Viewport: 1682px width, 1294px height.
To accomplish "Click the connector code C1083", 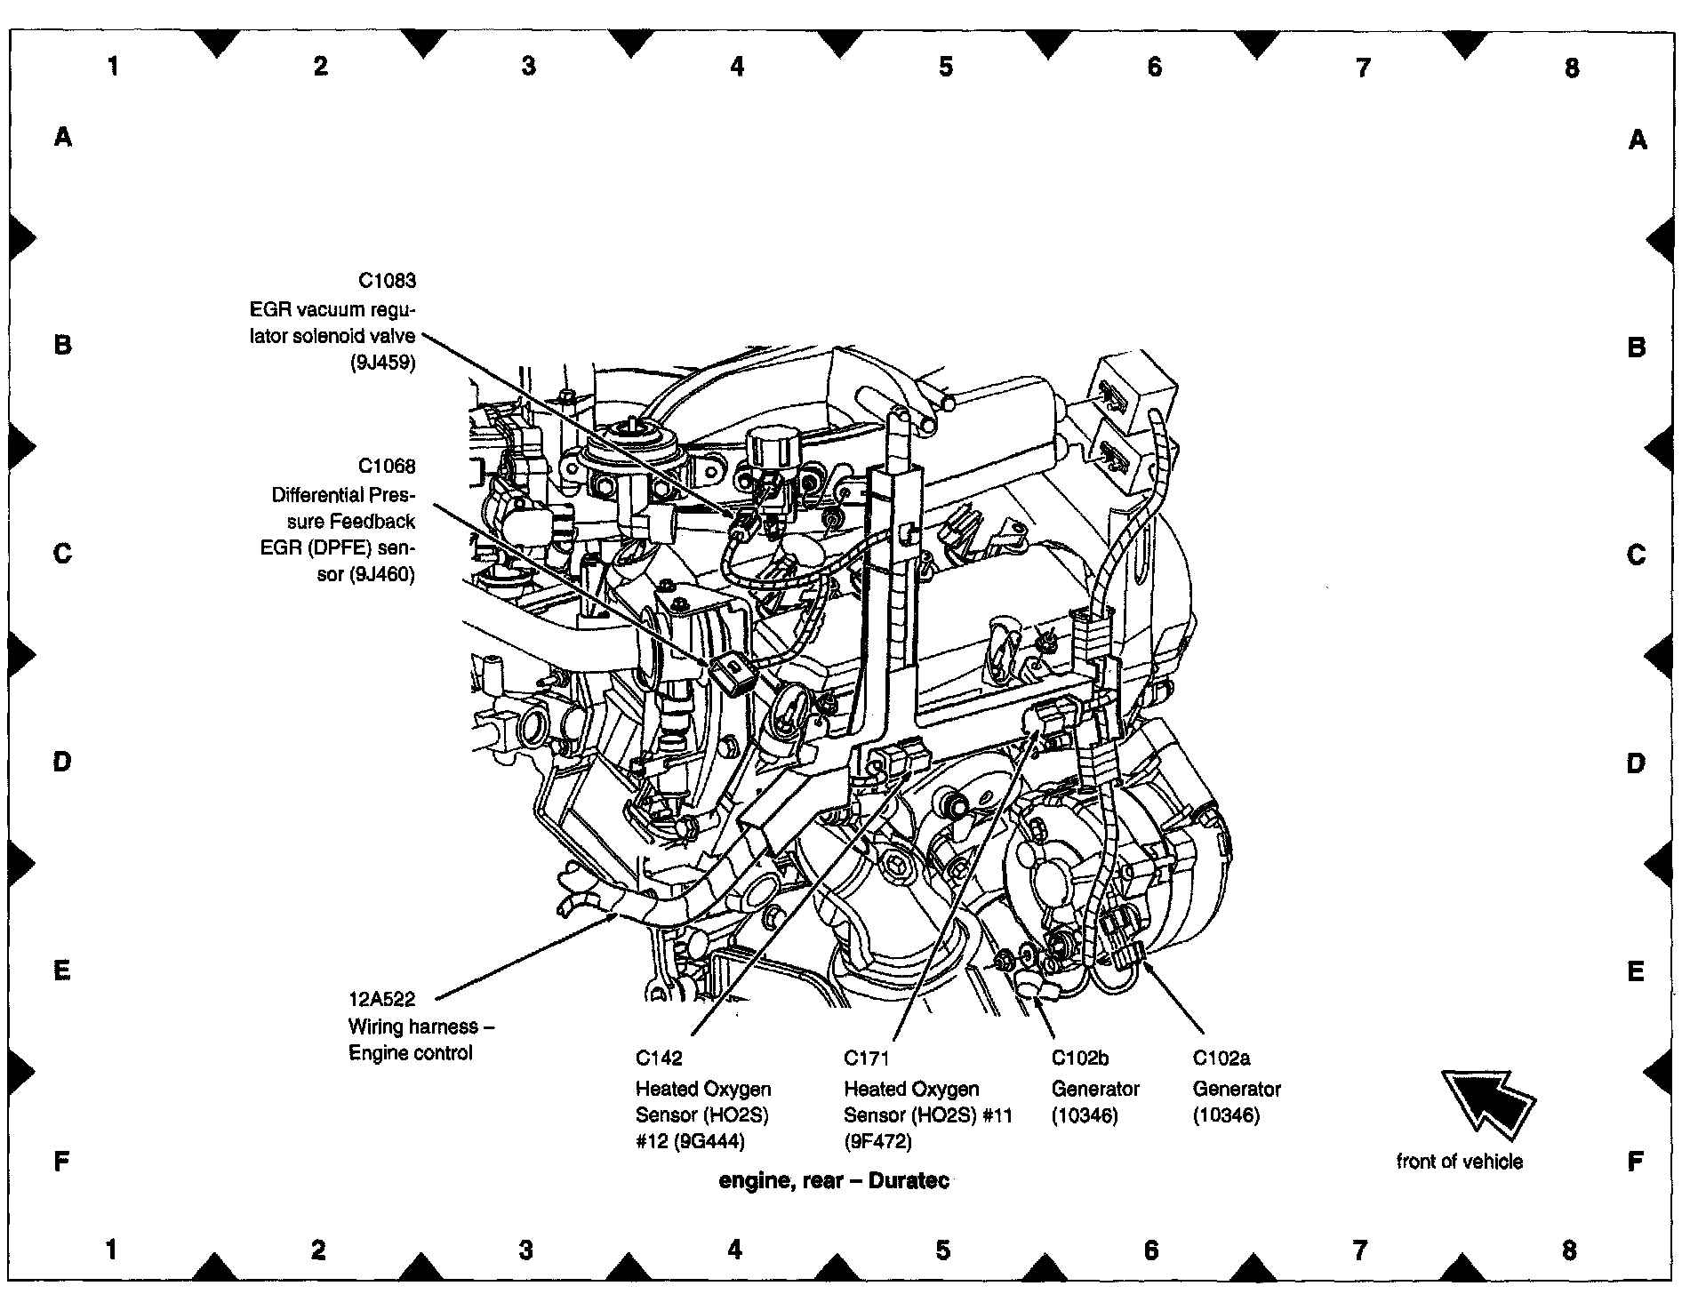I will (387, 281).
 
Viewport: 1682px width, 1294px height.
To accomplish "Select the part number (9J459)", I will (382, 363).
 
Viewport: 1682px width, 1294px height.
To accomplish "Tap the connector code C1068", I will (387, 466).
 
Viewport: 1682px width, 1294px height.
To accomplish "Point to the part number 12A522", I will (381, 1000).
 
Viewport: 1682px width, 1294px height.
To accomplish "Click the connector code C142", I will (659, 1058).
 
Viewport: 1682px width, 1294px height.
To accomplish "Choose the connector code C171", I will (866, 1058).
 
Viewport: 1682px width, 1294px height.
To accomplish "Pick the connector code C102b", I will (1080, 1058).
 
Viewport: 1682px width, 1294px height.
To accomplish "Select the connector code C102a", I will (1221, 1058).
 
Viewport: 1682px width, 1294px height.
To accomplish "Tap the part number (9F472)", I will (877, 1141).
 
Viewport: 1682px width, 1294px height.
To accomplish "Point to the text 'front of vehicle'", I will (1459, 1162).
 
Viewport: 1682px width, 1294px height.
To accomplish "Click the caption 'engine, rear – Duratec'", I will (834, 1181).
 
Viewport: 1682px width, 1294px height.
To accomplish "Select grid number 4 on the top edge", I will (737, 66).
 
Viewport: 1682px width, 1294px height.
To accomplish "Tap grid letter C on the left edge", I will (62, 554).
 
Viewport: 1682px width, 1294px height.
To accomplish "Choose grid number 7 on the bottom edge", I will (1360, 1251).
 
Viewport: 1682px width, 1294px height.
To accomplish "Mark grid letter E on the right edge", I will (1636, 971).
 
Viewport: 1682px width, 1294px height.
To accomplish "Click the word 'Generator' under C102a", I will (1237, 1089).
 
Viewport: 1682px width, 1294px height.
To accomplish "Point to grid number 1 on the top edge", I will (113, 66).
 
